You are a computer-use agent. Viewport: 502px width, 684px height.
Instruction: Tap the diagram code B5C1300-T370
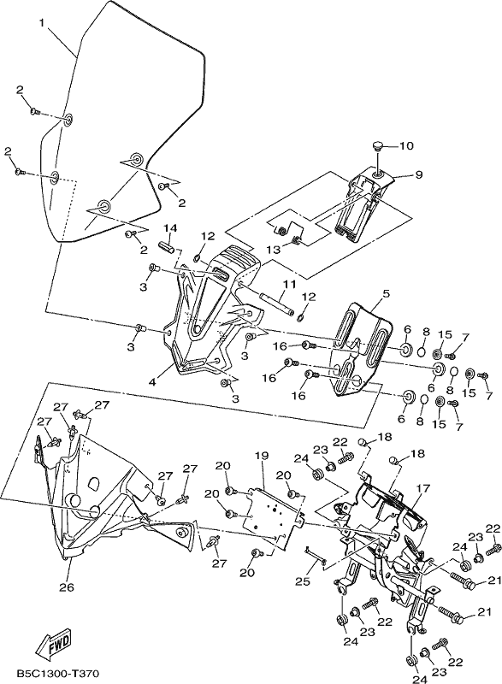point(58,674)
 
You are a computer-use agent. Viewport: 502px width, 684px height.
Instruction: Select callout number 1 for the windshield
point(42,23)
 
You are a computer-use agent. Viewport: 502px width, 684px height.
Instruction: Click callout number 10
point(406,145)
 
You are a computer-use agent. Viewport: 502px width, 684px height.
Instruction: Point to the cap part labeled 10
point(378,145)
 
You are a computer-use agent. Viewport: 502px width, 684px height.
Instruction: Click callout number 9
point(418,175)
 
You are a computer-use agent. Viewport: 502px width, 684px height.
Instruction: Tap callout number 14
point(171,228)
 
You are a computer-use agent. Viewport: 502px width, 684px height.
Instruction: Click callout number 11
point(289,285)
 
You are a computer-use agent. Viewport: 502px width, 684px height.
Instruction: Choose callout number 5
point(386,294)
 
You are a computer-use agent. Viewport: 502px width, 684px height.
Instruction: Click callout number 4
point(152,382)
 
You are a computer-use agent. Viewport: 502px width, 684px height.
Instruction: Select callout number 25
point(303,581)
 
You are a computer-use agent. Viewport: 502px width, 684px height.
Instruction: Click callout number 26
point(67,587)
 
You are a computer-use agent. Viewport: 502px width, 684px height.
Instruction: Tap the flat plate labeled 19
point(274,514)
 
